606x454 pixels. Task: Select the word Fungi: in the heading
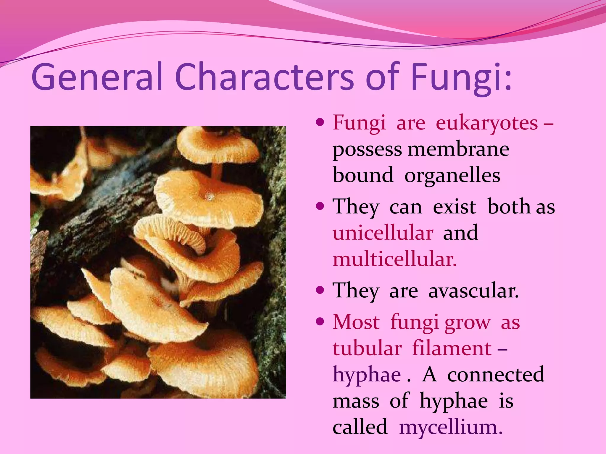coord(461,77)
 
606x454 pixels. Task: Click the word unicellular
coord(383,233)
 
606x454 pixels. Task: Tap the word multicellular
coord(395,259)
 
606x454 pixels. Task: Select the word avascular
coord(473,291)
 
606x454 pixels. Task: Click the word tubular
coord(367,348)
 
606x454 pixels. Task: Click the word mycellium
coord(451,427)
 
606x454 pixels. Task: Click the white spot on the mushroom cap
coord(210,196)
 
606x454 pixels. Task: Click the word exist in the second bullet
coord(454,207)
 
